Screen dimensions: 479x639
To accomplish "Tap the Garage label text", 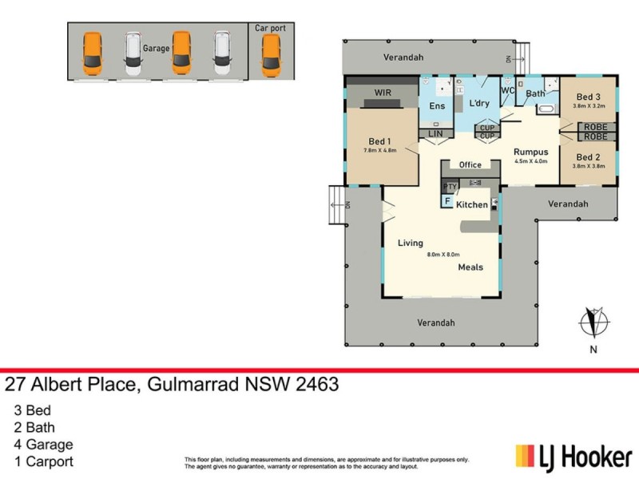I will (x=156, y=49).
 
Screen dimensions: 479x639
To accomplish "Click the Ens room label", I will (x=437, y=106).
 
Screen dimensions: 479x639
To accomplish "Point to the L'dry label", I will (x=479, y=104).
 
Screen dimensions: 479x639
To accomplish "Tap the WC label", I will (x=508, y=91).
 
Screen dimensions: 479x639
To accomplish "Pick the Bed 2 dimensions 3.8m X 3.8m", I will (x=588, y=166).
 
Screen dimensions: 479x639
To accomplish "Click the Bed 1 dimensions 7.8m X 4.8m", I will (x=380, y=150).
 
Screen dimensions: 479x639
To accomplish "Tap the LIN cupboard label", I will (x=435, y=133).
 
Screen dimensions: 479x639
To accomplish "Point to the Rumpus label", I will (x=530, y=151).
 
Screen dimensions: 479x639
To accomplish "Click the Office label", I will (x=470, y=165).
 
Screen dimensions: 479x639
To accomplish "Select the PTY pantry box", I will (x=450, y=187).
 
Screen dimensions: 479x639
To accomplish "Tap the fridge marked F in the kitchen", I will (x=447, y=200).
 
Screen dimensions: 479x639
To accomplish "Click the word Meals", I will (x=470, y=267).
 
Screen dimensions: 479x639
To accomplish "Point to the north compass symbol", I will (x=593, y=323).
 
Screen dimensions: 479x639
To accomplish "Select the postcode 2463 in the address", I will (x=313, y=385).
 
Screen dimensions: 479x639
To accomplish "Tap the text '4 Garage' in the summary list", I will (x=44, y=445).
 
